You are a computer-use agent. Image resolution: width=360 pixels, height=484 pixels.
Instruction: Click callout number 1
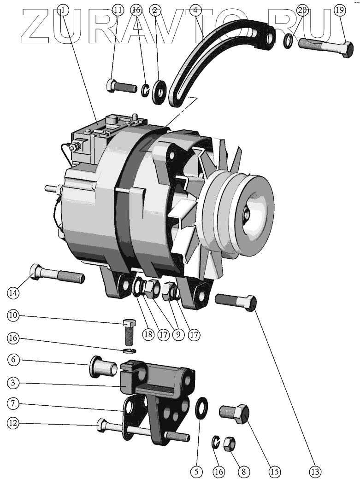(63, 10)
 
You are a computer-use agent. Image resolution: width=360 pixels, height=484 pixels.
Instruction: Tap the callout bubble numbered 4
(195, 10)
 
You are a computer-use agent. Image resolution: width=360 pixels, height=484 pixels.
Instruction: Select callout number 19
(340, 10)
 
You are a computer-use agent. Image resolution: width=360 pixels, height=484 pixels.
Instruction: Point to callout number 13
(315, 472)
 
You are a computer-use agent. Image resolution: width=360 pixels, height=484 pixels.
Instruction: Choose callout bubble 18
(148, 335)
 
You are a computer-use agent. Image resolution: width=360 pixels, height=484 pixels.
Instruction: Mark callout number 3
(13, 383)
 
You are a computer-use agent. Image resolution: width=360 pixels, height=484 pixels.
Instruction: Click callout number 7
(13, 403)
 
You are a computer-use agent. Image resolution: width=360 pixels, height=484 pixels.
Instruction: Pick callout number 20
(302, 10)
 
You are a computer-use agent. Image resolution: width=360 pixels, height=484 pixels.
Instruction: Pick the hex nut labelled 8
(230, 444)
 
